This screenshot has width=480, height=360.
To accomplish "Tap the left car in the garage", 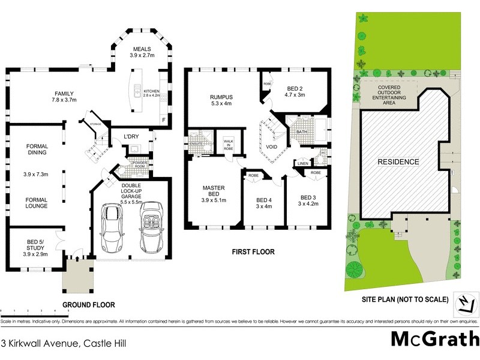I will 112,228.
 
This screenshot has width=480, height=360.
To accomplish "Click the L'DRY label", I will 131,135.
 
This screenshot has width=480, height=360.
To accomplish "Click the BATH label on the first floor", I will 302,131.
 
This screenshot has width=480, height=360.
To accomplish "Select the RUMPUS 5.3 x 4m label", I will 221,100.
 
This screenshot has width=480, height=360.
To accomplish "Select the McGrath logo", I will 435,339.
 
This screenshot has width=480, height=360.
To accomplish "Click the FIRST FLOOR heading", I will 253,252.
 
